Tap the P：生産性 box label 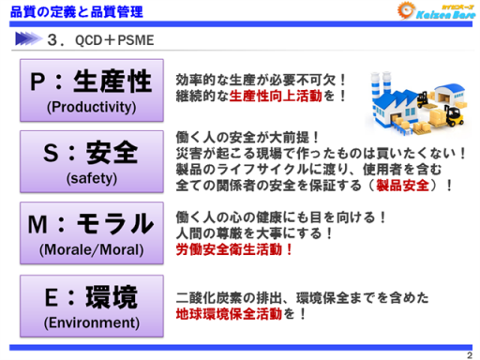[x=90, y=82]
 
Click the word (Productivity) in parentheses [x=90, y=108]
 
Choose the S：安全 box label [x=90, y=152]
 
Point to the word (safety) [x=90, y=177]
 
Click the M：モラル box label [x=90, y=222]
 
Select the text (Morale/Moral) [x=90, y=249]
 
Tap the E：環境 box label [x=90, y=296]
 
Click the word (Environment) [x=90, y=322]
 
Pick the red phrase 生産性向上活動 [x=282, y=96]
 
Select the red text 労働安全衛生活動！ [x=235, y=250]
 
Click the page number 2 [x=470, y=353]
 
